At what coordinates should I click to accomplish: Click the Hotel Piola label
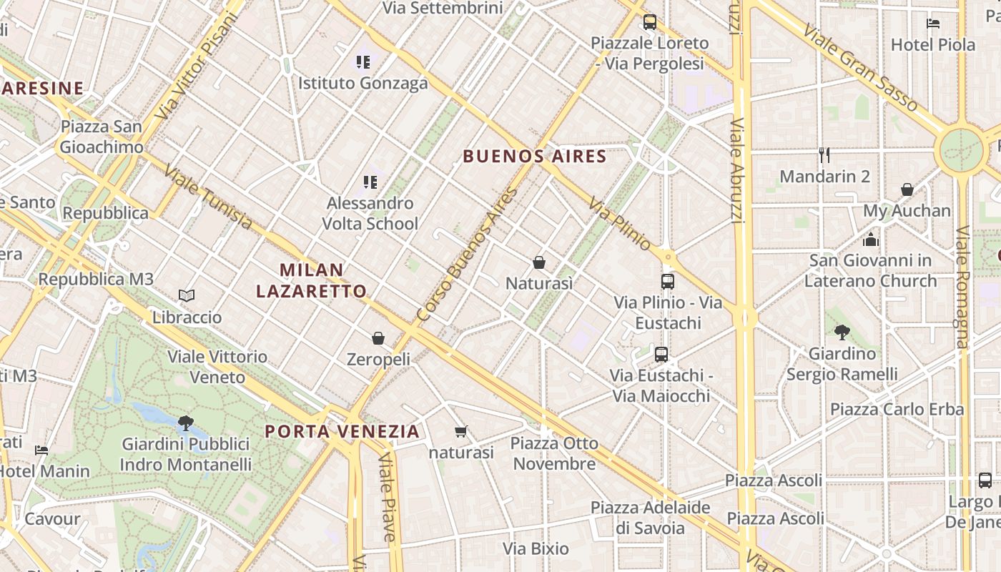pyautogui.click(x=932, y=44)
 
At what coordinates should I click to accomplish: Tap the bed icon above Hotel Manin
pyautogui.click(x=41, y=450)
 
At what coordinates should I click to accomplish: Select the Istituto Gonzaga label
pyautogui.click(x=363, y=83)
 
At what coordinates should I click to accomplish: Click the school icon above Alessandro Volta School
pyautogui.click(x=370, y=182)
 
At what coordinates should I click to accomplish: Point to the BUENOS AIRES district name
pyautogui.click(x=534, y=156)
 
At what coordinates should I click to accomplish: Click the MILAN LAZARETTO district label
pyautogui.click(x=312, y=280)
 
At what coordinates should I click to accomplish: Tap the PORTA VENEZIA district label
pyautogui.click(x=342, y=431)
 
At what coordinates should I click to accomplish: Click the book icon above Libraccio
pyautogui.click(x=187, y=295)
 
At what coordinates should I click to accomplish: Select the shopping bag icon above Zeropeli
pyautogui.click(x=378, y=338)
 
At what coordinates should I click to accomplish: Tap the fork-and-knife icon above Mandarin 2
pyautogui.click(x=824, y=155)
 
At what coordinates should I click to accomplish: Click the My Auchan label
pyautogui.click(x=907, y=211)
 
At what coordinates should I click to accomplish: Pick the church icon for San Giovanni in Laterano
pyautogui.click(x=870, y=239)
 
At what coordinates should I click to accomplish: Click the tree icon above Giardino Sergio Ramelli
pyautogui.click(x=842, y=332)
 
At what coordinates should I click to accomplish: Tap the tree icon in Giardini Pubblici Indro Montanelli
pyautogui.click(x=185, y=423)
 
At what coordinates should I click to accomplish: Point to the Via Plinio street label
pyautogui.click(x=620, y=224)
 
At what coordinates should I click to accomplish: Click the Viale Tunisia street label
pyautogui.click(x=208, y=197)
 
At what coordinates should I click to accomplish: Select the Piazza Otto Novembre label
pyautogui.click(x=554, y=453)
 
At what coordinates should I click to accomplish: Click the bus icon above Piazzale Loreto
pyautogui.click(x=649, y=22)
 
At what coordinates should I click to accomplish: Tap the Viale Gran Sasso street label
pyautogui.click(x=860, y=68)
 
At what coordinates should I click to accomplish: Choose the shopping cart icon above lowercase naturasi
pyautogui.click(x=461, y=431)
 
